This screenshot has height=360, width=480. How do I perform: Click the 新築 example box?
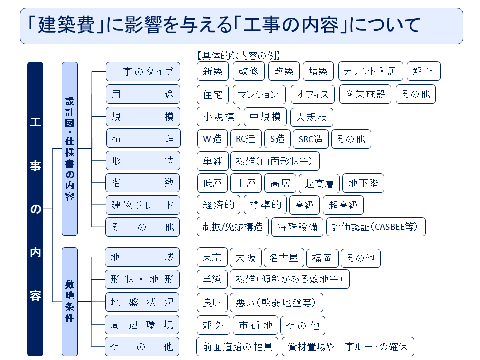pos(213,71)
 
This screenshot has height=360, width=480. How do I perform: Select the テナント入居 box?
pos(370,71)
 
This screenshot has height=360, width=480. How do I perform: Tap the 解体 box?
pos(424,71)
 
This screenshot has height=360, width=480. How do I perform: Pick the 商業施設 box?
pos(366,94)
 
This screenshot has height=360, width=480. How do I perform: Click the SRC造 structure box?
pos(310,139)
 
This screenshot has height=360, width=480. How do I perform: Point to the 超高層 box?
pos(319,183)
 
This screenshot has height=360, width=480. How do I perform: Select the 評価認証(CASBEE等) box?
pos(376,227)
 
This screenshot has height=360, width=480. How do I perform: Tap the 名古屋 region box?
pos(283,258)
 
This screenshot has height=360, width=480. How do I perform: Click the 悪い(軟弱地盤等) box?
pos(276,303)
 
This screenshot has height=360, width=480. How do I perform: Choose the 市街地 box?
pos(255,325)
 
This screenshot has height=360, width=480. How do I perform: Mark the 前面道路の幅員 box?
pos(237,347)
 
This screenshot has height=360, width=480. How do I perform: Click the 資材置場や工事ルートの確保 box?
pos(348,347)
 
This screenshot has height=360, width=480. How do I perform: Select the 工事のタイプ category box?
pos(143,72)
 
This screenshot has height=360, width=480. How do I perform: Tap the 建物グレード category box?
pos(143,205)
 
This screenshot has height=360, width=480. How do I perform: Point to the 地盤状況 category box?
pos(142,302)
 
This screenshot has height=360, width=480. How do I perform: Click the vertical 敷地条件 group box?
pos(69,301)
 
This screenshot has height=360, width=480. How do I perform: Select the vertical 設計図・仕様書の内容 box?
pos(70,148)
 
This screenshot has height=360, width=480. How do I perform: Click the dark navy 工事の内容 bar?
pos(35,209)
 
